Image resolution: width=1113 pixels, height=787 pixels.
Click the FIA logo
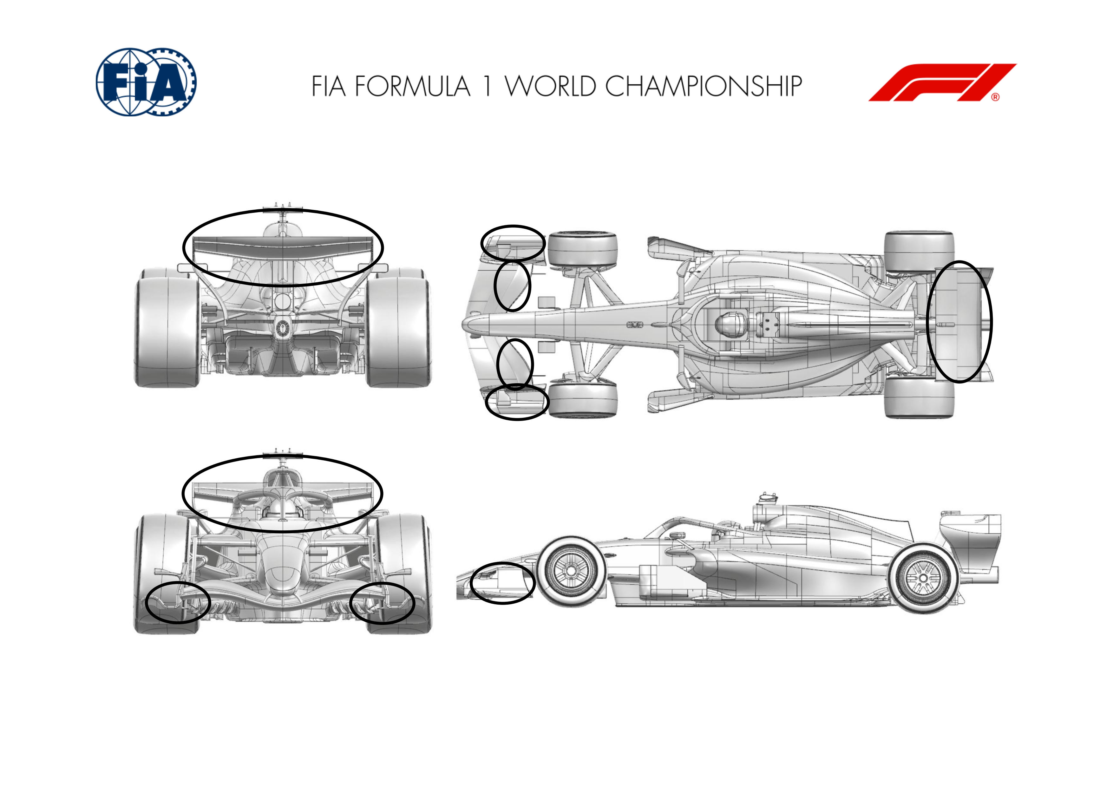(x=146, y=82)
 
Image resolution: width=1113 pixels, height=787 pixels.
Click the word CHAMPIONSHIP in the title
(x=704, y=86)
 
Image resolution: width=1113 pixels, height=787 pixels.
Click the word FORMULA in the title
(x=413, y=86)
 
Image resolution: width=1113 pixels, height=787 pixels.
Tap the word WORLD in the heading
(x=550, y=86)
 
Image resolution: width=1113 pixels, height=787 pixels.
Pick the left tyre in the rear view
(x=167, y=327)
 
